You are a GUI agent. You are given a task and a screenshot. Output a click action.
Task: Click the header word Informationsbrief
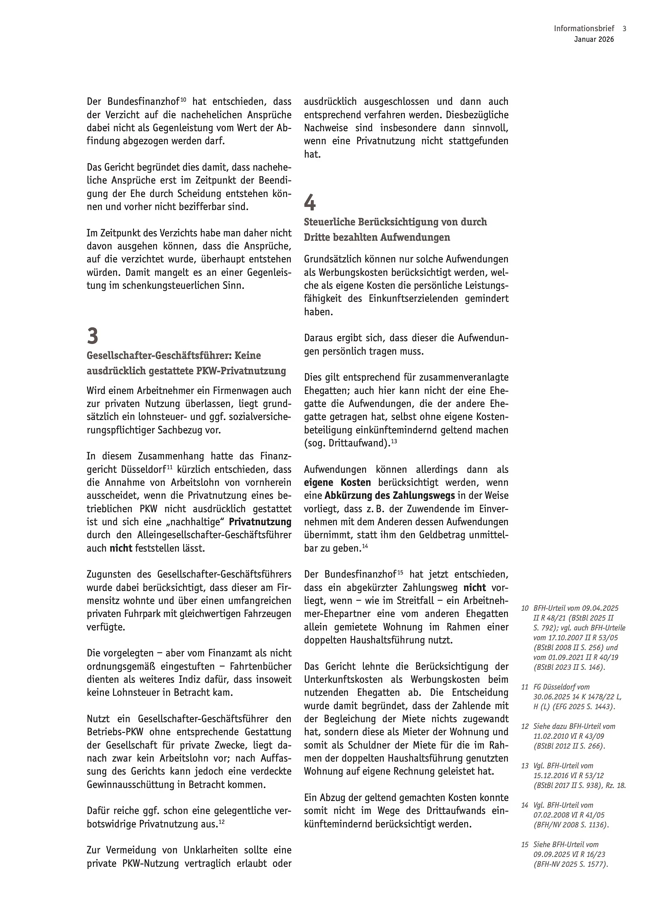coord(584,29)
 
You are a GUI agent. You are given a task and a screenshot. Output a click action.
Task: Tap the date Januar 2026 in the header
coord(594,39)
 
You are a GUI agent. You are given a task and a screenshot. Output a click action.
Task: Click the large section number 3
coord(92,336)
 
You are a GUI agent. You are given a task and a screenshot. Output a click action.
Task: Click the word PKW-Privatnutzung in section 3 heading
coord(241,371)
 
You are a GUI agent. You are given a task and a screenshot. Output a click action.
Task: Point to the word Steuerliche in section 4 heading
coord(327,222)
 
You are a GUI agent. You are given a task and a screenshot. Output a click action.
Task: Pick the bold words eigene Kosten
coord(337,483)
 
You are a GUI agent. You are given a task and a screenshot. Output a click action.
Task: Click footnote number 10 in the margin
coord(525,608)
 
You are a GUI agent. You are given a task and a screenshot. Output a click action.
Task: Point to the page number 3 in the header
coord(624,29)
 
